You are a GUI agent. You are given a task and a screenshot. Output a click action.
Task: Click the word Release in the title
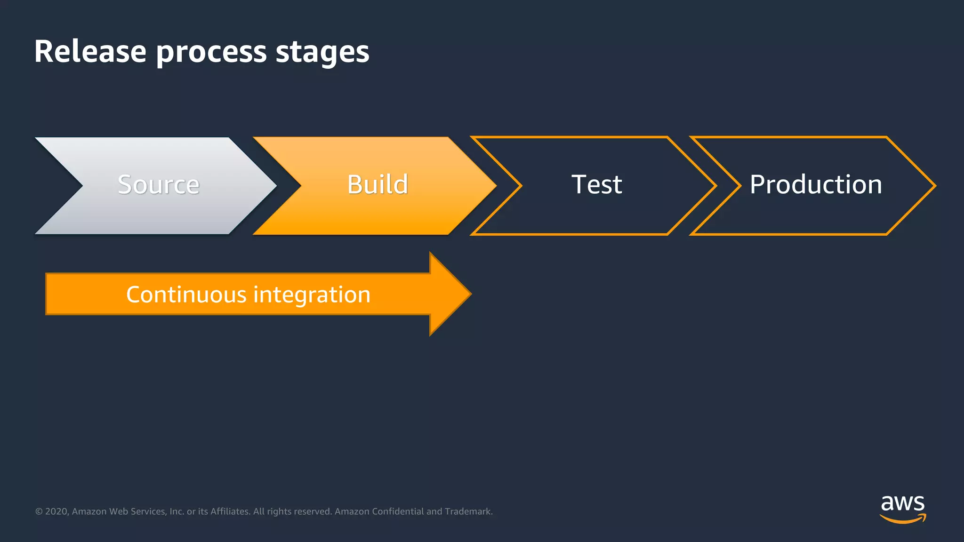[x=90, y=51]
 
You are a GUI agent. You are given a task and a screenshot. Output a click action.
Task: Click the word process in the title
[x=211, y=53]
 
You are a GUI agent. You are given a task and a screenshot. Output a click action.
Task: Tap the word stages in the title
[x=322, y=53]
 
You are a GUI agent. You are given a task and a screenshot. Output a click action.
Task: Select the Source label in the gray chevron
[x=159, y=184]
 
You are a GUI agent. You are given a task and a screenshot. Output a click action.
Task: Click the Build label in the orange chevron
[x=378, y=184]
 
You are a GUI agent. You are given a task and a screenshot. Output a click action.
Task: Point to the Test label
[x=596, y=184]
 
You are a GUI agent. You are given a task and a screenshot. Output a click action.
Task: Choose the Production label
[x=816, y=184]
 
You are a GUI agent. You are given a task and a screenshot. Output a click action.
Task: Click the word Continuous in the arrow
[x=186, y=295]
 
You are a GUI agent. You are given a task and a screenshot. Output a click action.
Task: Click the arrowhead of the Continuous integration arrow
[x=450, y=294]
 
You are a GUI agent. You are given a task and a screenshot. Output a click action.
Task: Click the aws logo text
[x=902, y=503]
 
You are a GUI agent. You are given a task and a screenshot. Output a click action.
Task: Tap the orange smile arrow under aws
[x=902, y=519]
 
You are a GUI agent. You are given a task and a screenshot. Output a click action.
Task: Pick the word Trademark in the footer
[x=468, y=511]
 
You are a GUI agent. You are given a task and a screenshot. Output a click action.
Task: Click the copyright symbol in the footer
[x=39, y=511]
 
